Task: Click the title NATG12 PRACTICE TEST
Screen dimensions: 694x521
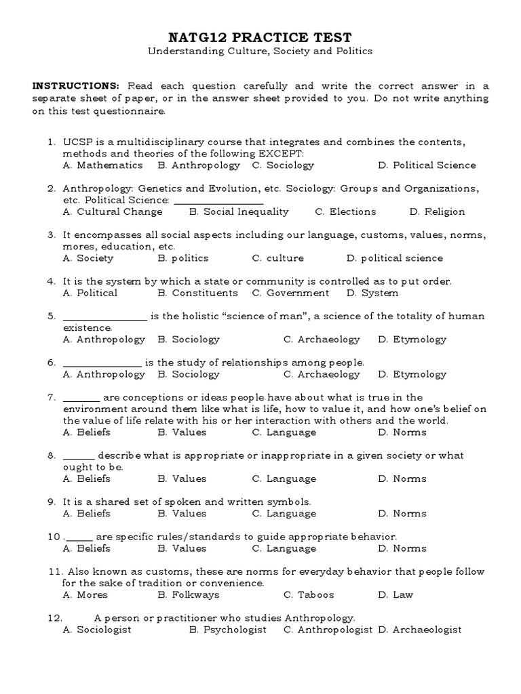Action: click(260, 36)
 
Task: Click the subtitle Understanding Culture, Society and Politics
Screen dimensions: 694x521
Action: click(260, 51)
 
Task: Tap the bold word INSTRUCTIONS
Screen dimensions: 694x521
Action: click(76, 86)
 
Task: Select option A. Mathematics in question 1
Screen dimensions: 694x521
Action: click(102, 165)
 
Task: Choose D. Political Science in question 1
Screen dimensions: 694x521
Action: click(427, 165)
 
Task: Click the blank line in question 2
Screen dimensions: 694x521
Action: click(218, 201)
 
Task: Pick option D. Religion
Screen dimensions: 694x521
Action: click(437, 211)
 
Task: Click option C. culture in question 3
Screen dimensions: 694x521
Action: click(277, 258)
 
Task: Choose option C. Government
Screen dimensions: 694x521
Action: click(290, 293)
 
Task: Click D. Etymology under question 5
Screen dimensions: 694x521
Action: click(412, 339)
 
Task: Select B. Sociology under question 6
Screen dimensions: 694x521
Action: click(188, 374)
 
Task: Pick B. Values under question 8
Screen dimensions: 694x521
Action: click(182, 478)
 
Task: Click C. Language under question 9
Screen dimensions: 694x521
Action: click(284, 513)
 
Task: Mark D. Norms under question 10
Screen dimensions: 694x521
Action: click(402, 548)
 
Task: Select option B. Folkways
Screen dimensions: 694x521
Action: click(188, 594)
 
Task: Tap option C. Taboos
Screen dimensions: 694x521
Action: click(309, 594)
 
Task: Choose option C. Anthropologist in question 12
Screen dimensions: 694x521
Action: click(328, 630)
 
